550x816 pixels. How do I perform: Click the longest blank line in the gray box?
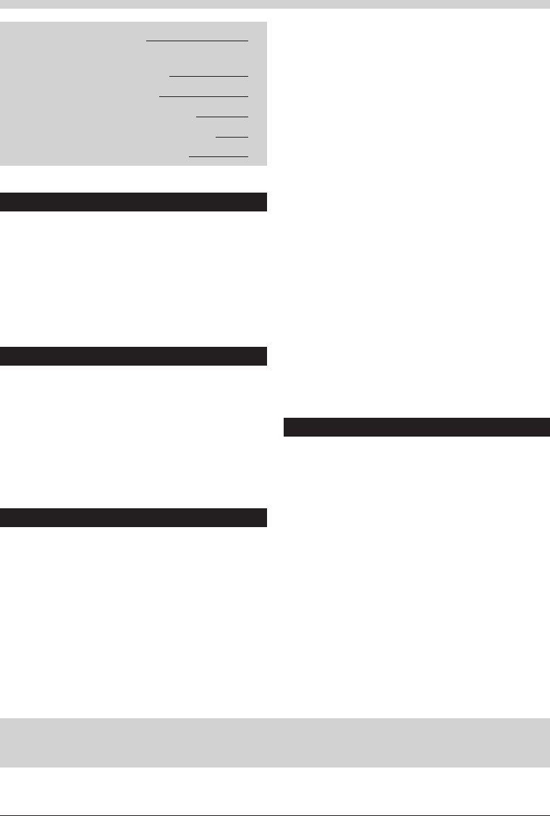click(197, 41)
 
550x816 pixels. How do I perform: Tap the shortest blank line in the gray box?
click(232, 136)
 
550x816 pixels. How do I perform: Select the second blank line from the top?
click(208, 76)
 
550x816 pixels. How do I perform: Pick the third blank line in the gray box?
click(203, 96)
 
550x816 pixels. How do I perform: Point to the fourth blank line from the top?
click(221, 117)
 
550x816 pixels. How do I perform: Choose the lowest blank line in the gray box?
click(218, 156)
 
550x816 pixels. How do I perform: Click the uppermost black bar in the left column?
click(134, 201)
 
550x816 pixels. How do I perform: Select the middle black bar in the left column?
click(134, 356)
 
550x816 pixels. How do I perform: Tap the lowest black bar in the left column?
click(134, 518)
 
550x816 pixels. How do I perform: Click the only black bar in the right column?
click(416, 427)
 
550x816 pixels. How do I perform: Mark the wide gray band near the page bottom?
click(275, 742)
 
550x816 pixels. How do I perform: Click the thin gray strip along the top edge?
click(275, 4)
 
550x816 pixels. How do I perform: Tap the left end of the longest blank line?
click(148, 41)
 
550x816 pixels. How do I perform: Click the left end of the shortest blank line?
click(216, 136)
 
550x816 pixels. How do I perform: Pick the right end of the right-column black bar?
click(547, 427)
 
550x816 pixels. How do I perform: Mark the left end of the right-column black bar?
click(285, 427)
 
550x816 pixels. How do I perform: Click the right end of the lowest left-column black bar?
click(266, 518)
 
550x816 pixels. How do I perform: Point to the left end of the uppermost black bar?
click(2, 201)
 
